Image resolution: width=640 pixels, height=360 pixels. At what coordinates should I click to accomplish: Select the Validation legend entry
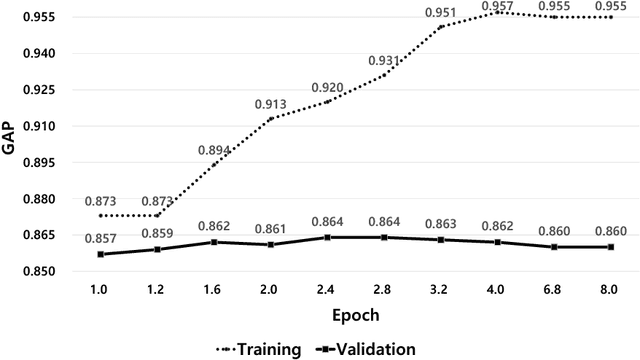click(x=365, y=349)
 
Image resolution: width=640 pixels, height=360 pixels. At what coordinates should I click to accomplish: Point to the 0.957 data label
click(x=497, y=5)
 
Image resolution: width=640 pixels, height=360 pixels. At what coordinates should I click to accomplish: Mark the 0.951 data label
click(x=441, y=13)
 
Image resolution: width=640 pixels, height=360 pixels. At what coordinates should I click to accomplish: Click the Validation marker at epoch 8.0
click(x=610, y=247)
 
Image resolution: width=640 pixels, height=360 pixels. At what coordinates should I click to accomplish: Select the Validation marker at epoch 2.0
click(x=271, y=245)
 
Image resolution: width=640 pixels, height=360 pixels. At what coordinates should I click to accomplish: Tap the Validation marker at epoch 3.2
click(x=441, y=240)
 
